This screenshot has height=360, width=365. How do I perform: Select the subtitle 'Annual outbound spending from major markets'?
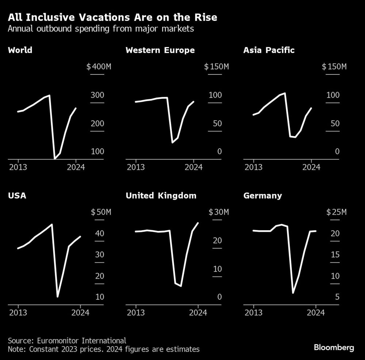[x=101, y=29]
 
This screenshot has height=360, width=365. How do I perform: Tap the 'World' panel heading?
[x=20, y=50]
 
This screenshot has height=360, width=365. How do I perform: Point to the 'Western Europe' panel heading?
[x=160, y=50]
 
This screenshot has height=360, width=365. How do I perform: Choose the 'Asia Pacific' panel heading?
[x=269, y=50]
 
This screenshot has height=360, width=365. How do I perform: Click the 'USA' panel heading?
[x=17, y=196]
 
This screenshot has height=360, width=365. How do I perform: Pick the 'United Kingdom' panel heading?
[x=161, y=196]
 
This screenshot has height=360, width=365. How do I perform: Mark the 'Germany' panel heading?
[x=262, y=196]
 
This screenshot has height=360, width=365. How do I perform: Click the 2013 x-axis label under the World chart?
[x=18, y=168]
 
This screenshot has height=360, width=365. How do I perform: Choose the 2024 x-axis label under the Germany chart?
[x=316, y=313]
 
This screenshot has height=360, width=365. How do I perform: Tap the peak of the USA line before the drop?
[x=52, y=224]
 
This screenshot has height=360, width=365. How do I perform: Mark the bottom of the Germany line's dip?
[x=293, y=293]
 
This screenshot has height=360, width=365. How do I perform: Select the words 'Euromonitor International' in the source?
[x=81, y=341]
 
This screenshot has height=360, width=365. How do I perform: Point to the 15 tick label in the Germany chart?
[x=335, y=255]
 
